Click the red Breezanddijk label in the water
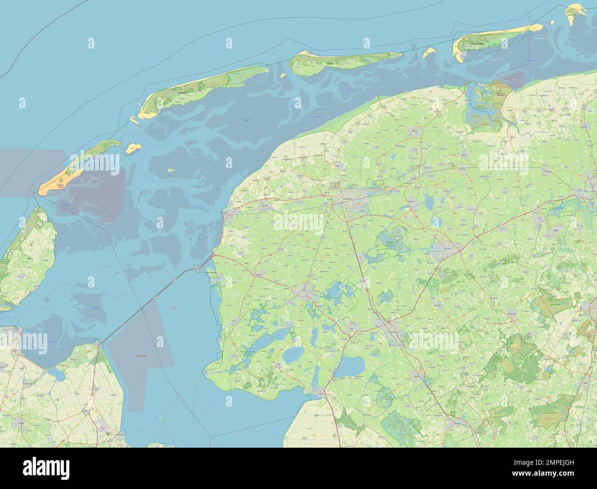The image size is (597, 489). pyautogui.click(x=143, y=355)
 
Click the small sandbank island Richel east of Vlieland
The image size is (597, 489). pyautogui.click(x=132, y=147)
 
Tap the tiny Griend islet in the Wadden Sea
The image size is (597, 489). pyautogui.click(x=171, y=170)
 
